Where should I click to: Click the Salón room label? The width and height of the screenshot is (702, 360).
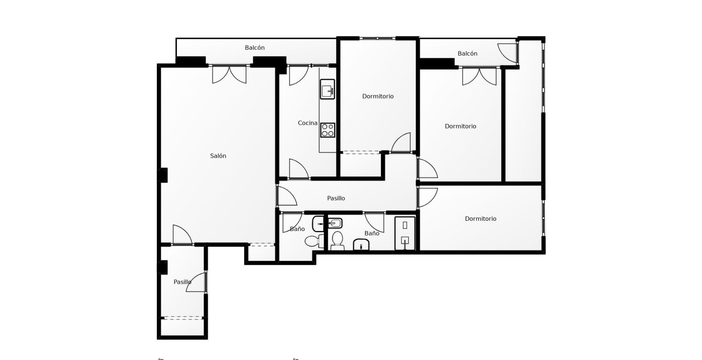[x=218, y=156]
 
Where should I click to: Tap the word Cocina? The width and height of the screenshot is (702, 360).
[x=308, y=123]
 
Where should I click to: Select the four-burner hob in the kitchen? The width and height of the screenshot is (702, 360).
[x=327, y=130]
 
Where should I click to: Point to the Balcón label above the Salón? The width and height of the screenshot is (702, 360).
[x=255, y=48]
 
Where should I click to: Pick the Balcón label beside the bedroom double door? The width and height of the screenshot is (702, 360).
[x=467, y=54]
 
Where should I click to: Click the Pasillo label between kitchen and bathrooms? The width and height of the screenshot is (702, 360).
[x=336, y=198]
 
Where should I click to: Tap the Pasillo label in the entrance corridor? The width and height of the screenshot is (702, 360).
[x=182, y=282]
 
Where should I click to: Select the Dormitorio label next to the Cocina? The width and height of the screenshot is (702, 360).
[x=378, y=96]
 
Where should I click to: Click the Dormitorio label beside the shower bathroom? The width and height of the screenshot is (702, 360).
[x=480, y=219]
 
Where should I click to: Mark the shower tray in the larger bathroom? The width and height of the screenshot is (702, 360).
[x=405, y=233]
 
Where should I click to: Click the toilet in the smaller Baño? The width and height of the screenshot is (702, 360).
[x=315, y=240]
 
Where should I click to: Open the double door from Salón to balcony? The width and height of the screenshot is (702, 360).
[x=229, y=74]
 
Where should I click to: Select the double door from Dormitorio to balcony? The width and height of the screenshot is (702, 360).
[x=479, y=76]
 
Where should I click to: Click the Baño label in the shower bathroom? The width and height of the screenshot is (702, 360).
[x=372, y=233]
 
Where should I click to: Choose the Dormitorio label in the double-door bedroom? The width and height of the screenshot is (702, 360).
[x=460, y=126]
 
